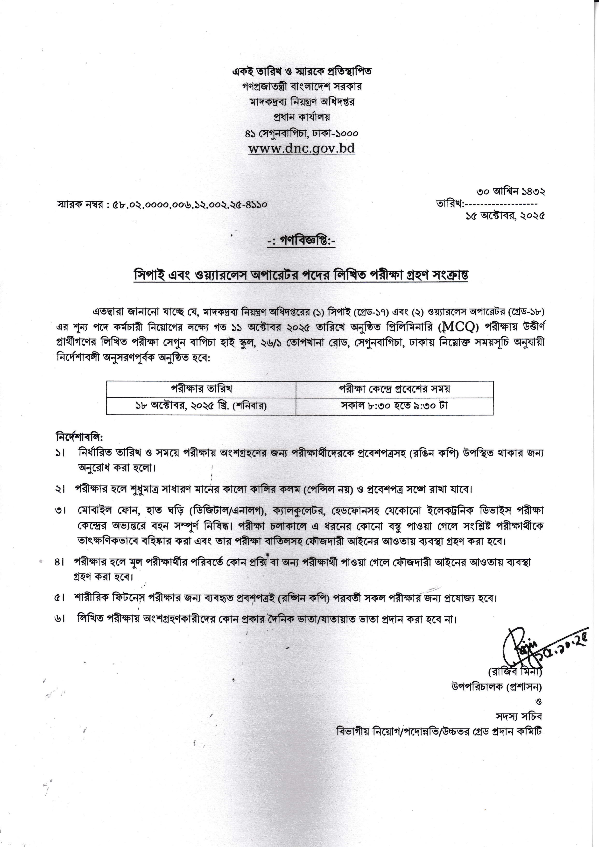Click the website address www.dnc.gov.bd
point(301,148)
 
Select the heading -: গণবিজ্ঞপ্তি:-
point(301,241)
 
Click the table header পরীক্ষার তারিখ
point(201,389)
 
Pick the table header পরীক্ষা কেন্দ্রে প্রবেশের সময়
point(394,389)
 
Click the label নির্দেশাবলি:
point(79,438)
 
